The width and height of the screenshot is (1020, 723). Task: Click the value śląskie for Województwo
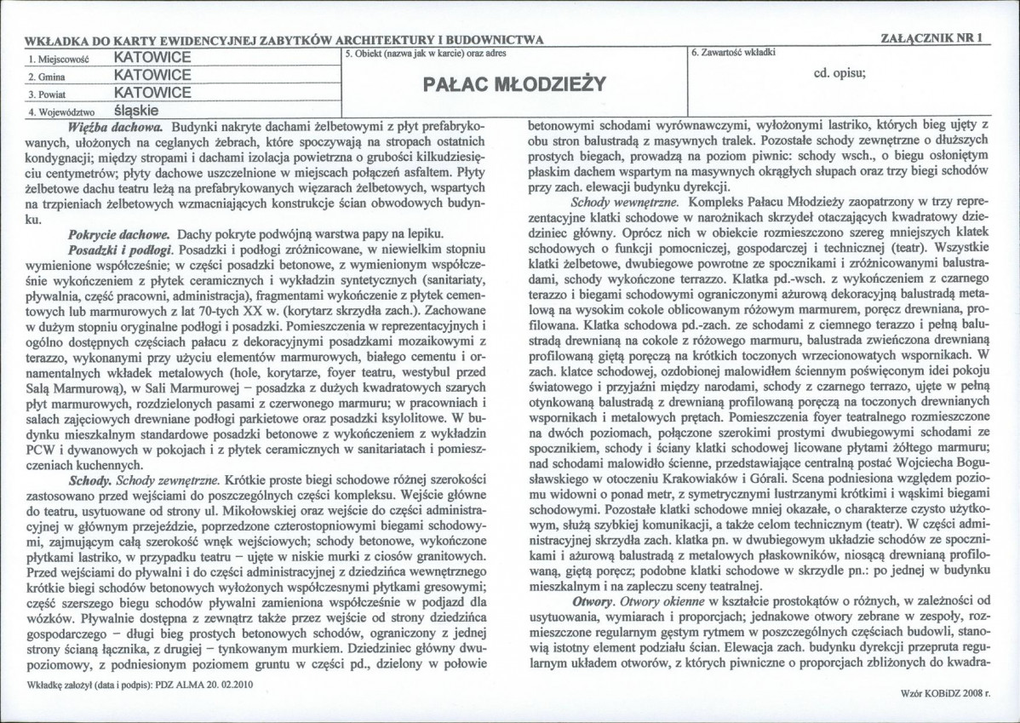(137, 109)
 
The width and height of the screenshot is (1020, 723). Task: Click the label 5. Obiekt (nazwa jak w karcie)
(413, 53)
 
